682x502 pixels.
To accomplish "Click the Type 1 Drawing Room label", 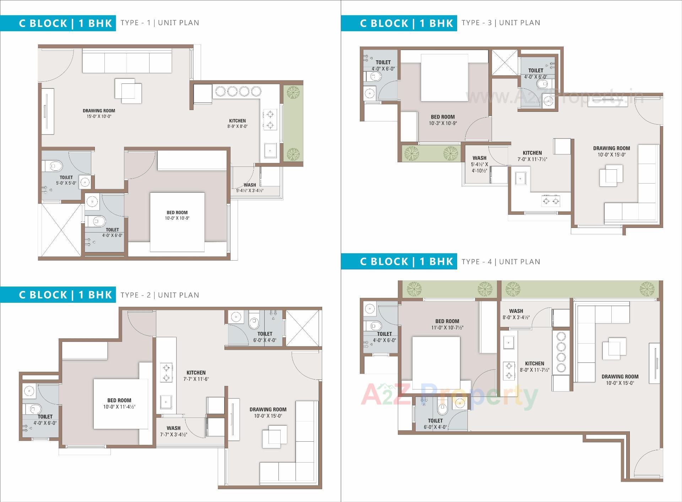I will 99,111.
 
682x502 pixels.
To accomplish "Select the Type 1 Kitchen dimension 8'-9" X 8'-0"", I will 237,126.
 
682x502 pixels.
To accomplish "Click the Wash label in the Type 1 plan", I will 250,185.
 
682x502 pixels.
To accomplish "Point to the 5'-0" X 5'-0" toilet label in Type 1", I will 66,183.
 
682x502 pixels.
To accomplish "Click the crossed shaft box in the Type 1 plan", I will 61,229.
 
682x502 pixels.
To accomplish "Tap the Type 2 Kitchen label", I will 196,372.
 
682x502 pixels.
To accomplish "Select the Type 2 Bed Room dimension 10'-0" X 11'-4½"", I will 119,407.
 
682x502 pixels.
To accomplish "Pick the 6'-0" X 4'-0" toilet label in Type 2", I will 265,340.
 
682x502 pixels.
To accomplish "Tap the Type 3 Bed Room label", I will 443,117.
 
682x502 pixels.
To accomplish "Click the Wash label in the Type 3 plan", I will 479,158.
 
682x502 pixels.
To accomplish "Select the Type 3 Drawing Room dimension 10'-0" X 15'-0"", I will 611,155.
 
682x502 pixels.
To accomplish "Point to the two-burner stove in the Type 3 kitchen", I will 551,201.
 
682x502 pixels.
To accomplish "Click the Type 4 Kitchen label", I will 534,364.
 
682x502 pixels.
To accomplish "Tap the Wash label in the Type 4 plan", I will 516,311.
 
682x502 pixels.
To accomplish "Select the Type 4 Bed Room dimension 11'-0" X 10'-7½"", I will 447,328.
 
